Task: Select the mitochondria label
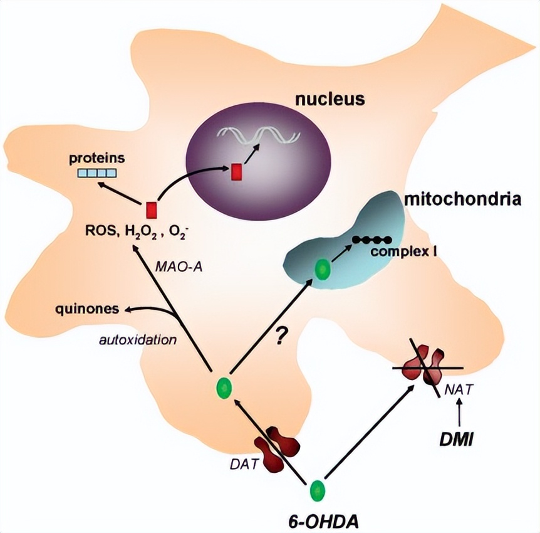pos(460,200)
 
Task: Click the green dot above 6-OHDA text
pos(318,487)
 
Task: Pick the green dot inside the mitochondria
pos(322,270)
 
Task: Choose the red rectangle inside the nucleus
pos(236,171)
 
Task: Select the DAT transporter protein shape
pos(276,446)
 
